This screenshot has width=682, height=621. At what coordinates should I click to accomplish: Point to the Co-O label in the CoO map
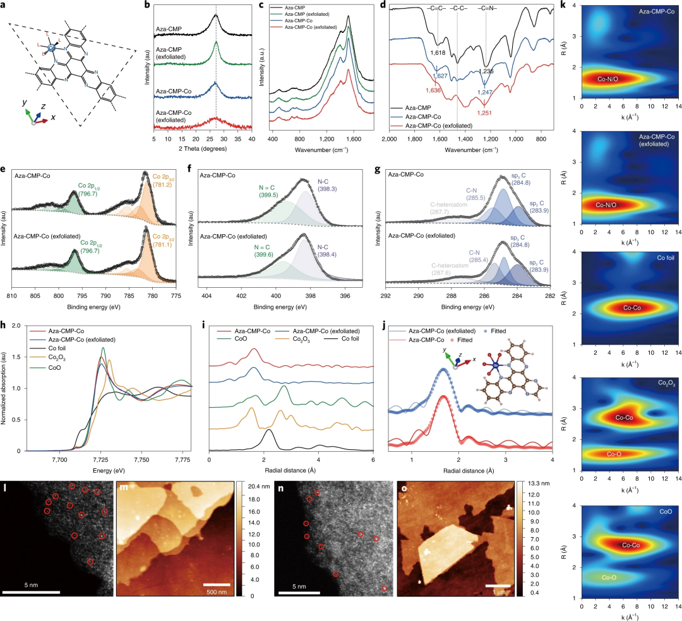pos(611,577)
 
